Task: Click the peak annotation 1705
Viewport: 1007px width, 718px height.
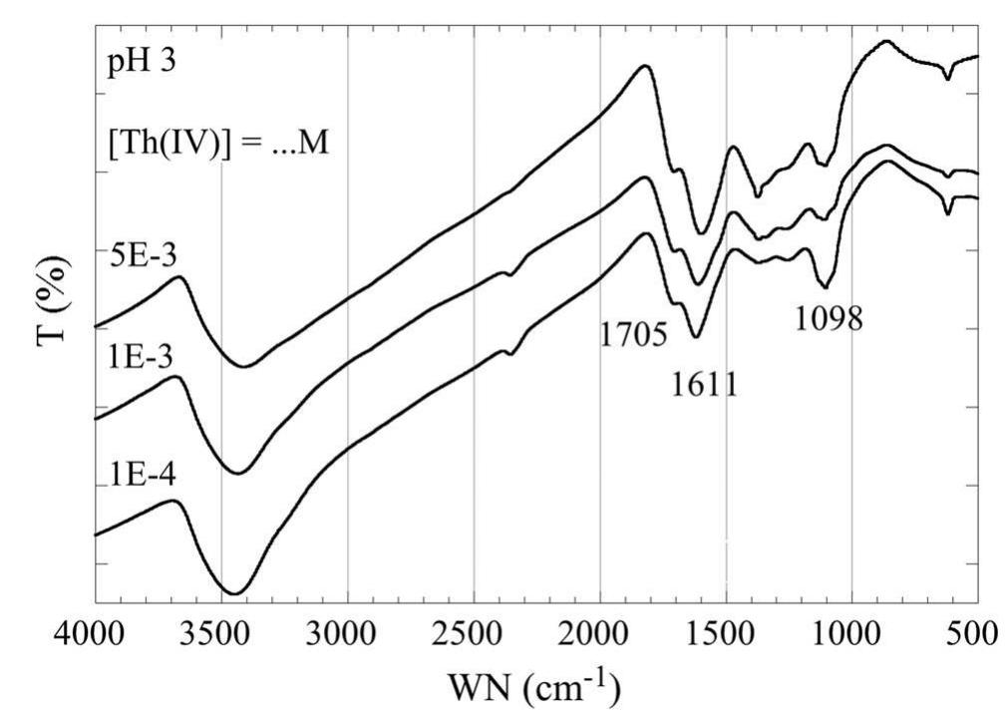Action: (633, 334)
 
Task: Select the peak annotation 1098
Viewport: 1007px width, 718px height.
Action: (829, 318)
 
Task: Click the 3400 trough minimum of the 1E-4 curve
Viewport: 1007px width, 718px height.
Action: (232, 593)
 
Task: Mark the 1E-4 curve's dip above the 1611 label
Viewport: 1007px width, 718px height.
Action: (696, 337)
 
